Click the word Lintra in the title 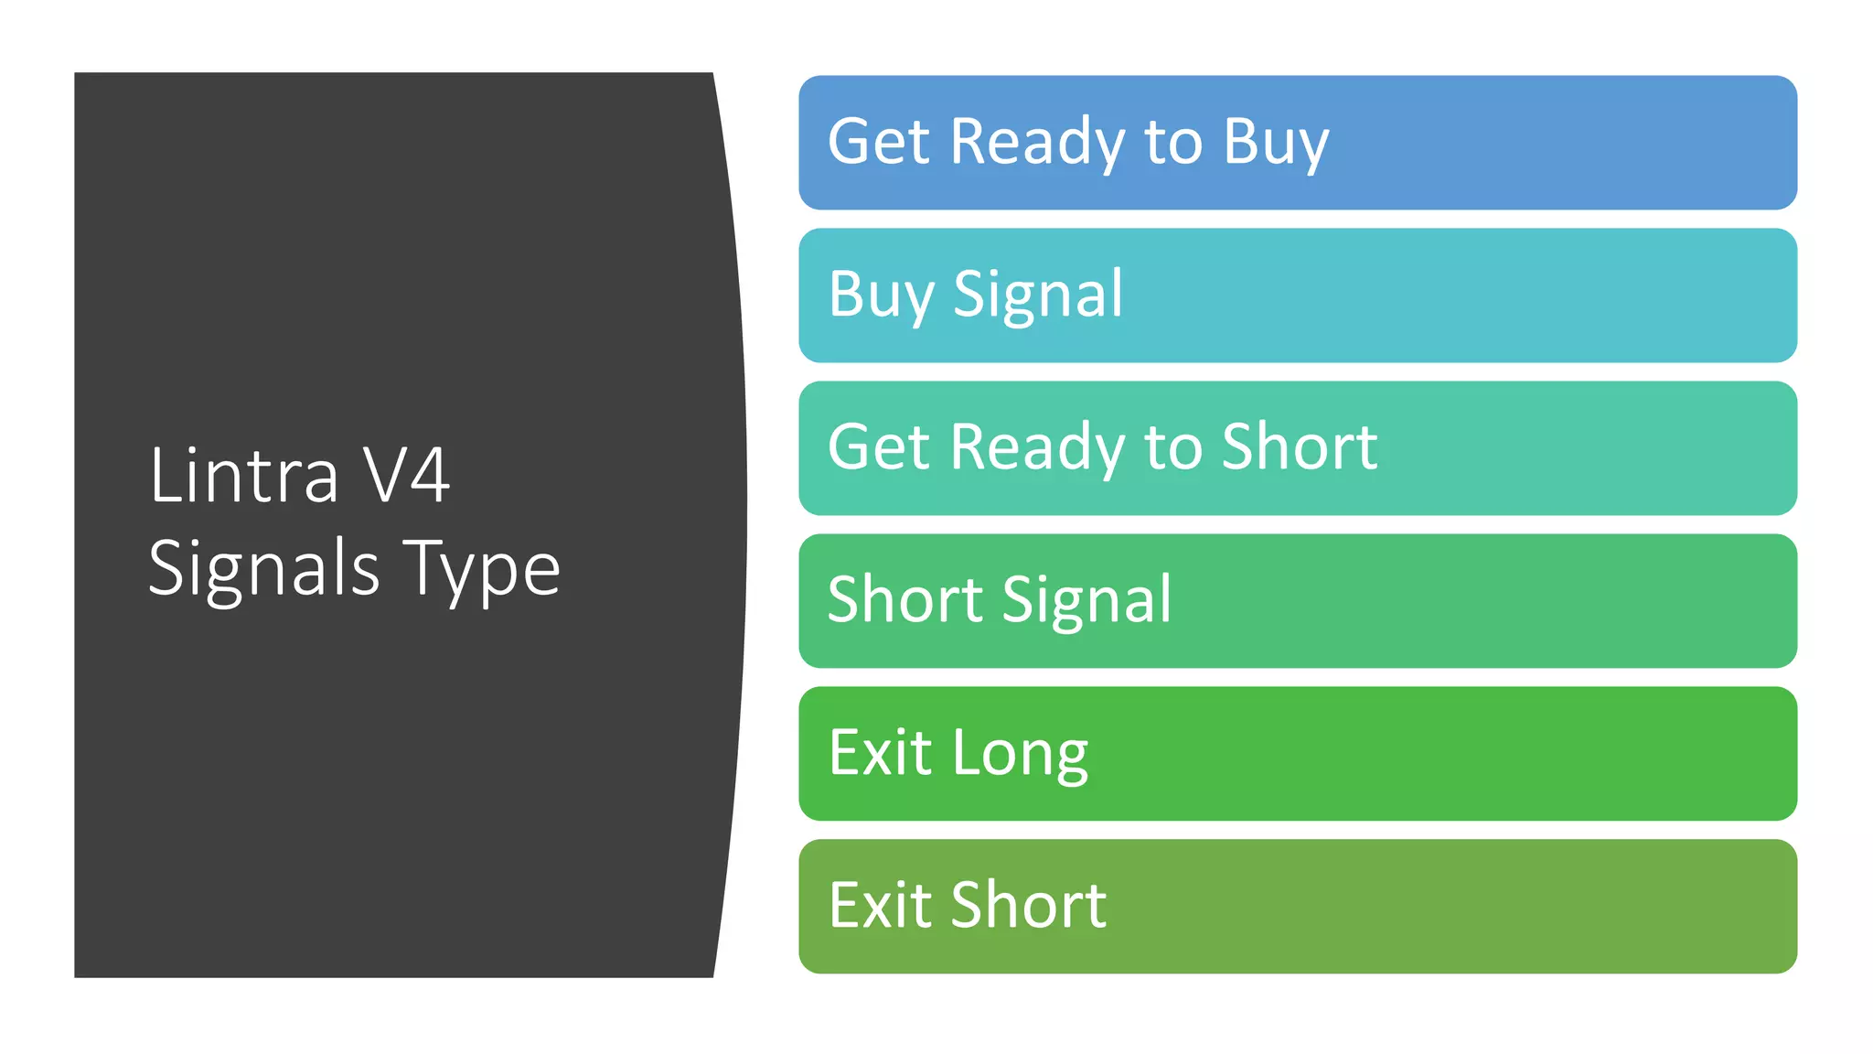pos(243,475)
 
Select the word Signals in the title pos(263,569)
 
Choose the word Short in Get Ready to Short pos(1300,447)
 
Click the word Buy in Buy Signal pos(881,295)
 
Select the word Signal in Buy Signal pos(1038,295)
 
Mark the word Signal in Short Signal pos(1087,600)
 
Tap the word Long pos(1021,753)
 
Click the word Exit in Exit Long pos(880,753)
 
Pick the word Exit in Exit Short pos(880,906)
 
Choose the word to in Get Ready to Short pos(1173,447)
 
